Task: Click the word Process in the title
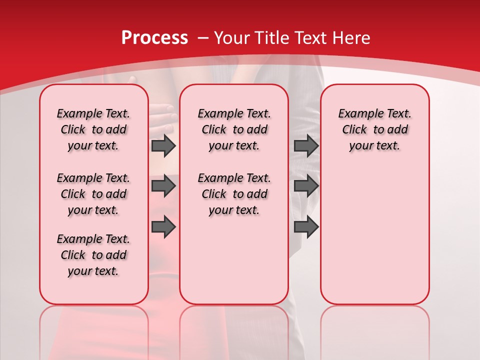tap(154, 38)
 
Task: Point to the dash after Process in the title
tap(203, 38)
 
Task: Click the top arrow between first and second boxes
tap(163, 145)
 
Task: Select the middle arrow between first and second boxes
tap(163, 186)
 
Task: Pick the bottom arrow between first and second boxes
tap(163, 227)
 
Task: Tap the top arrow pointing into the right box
tap(306, 145)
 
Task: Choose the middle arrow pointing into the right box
tap(306, 186)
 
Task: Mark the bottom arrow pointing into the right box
tap(306, 227)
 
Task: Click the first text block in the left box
tap(93, 129)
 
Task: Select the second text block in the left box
tap(93, 194)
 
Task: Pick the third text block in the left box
tap(93, 255)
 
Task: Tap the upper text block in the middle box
tap(234, 129)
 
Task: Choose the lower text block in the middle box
tap(234, 194)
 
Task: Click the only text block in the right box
tap(374, 129)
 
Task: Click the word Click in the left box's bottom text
tap(73, 255)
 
